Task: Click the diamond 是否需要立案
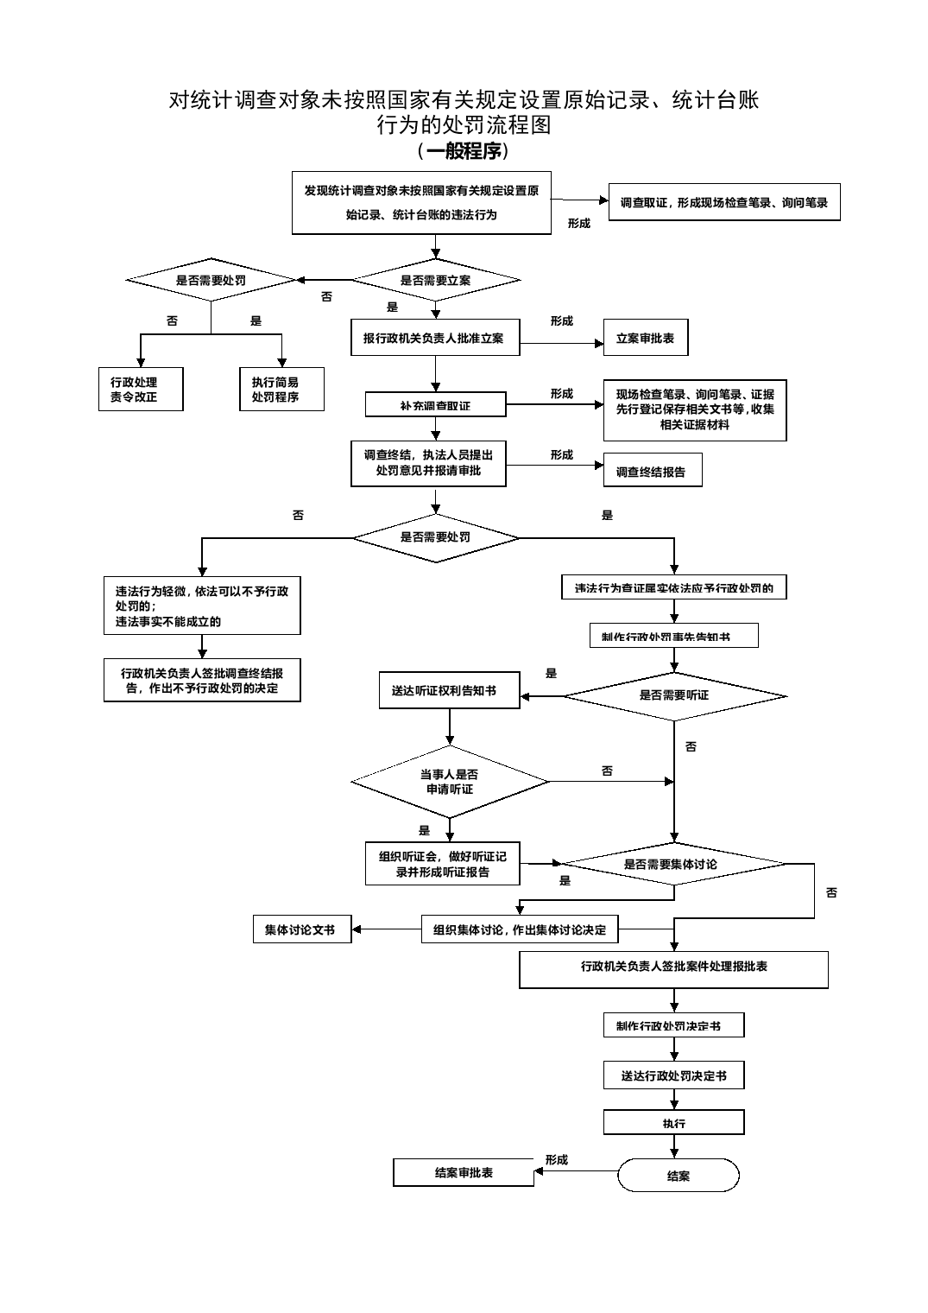point(436,280)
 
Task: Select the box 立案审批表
point(645,339)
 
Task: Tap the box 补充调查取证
point(436,405)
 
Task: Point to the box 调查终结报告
point(651,472)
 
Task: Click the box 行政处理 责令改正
point(140,390)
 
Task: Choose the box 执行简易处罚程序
point(281,390)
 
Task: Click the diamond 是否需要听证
point(674,695)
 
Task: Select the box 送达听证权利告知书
point(449,691)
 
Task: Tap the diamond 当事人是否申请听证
point(449,782)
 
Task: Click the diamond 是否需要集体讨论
point(672,864)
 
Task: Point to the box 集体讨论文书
point(301,929)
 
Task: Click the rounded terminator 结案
point(679,1176)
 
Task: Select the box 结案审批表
point(464,1172)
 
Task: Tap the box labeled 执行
point(673,1123)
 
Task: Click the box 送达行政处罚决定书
point(673,1076)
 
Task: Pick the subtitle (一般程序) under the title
point(464,151)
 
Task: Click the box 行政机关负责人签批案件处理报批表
point(673,968)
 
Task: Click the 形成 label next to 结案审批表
point(557,1159)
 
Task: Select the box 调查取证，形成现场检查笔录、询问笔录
point(723,203)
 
